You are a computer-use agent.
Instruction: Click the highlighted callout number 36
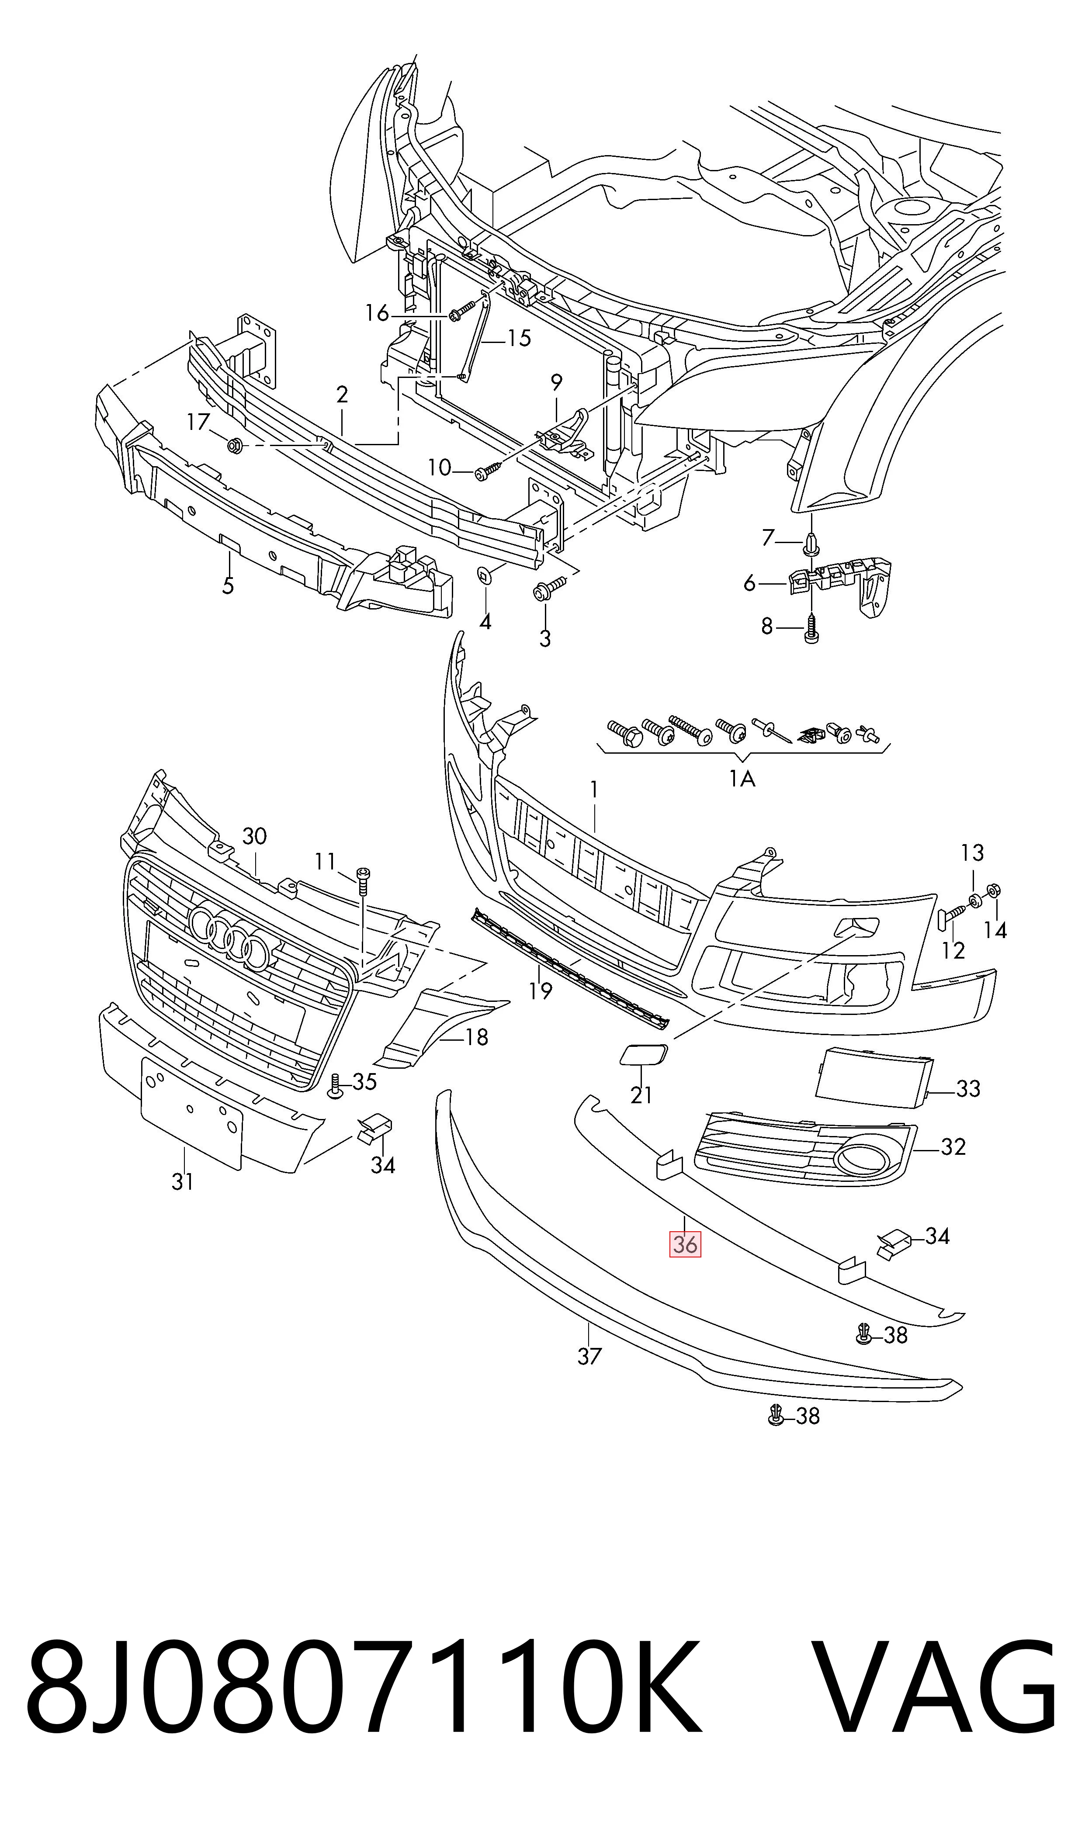point(685,1243)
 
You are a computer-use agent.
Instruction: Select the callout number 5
point(228,585)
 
